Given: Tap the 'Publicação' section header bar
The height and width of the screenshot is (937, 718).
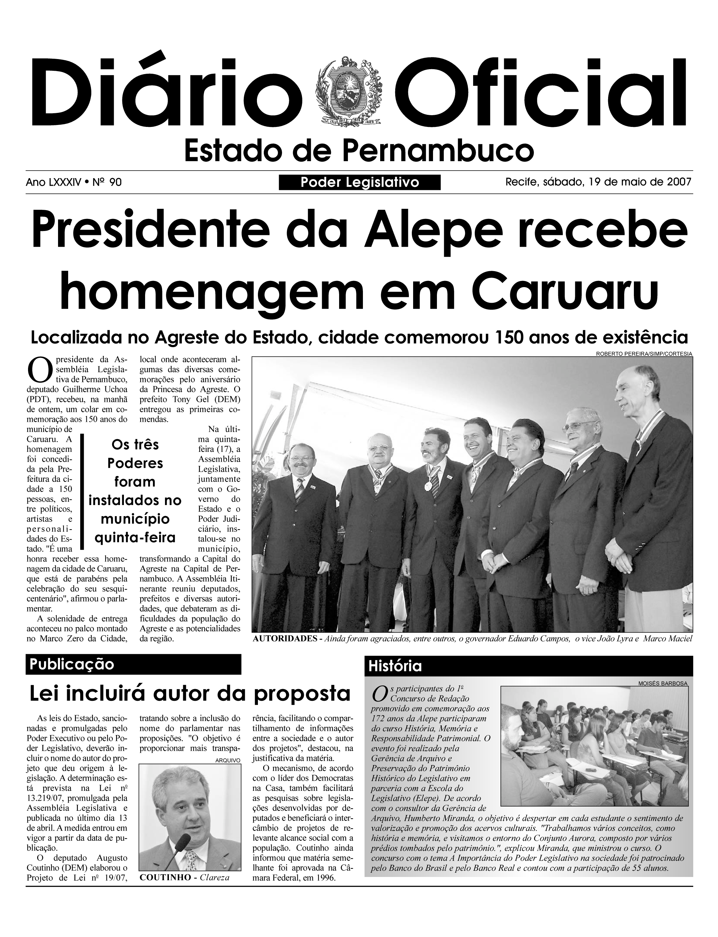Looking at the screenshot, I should [133, 664].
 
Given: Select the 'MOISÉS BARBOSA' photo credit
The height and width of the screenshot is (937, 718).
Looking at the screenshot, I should [663, 684].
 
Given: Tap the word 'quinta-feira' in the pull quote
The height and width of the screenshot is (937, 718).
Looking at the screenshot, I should [135, 537].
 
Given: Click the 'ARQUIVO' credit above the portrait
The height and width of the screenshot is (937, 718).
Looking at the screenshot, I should [228, 760].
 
